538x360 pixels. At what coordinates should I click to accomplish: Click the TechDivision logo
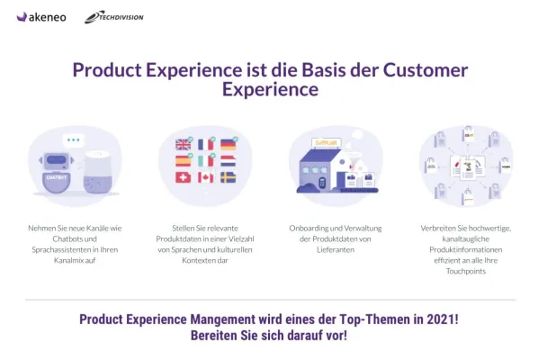tap(113, 17)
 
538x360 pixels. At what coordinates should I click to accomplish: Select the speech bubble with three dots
tap(73, 140)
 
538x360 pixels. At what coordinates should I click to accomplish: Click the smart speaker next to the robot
tap(96, 171)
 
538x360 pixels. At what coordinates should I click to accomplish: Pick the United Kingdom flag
tap(183, 144)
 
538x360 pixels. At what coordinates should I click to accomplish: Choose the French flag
tap(206, 144)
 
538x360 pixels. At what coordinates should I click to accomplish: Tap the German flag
tap(229, 144)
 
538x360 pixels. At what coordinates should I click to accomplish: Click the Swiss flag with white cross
tap(183, 177)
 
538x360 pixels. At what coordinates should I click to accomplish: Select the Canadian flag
tap(206, 177)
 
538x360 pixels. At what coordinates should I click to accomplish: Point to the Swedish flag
tap(229, 177)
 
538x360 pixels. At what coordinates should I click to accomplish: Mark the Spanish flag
tap(183, 161)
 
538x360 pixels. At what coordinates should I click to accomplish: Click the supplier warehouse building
tap(325, 169)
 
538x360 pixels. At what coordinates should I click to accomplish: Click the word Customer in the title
tap(426, 70)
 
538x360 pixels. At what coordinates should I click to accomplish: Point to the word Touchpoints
tap(466, 270)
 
